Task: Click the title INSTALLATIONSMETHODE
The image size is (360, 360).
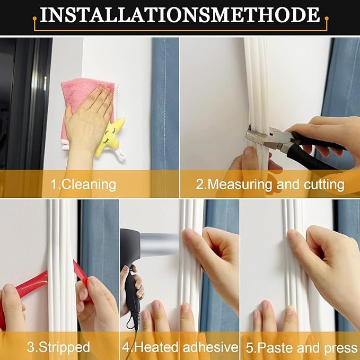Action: tap(180, 15)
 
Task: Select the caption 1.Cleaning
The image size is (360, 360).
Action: tap(83, 185)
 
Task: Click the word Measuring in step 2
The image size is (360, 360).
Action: tap(238, 185)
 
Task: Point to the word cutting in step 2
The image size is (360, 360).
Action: tap(325, 185)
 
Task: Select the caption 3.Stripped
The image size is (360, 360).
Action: tap(58, 347)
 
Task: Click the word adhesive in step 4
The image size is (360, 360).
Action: tap(209, 347)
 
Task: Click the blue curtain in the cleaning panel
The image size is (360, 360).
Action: tap(164, 106)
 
